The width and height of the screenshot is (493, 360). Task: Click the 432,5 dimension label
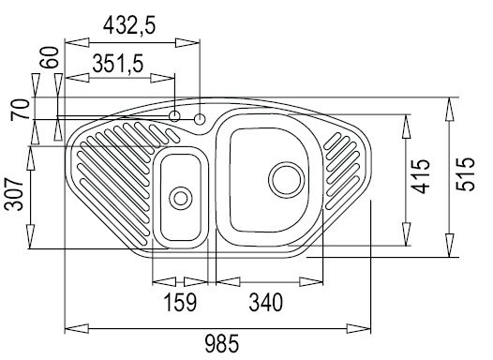point(129,25)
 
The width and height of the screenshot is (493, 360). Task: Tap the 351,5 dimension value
point(118,64)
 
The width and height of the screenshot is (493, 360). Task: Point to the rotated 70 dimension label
point(19,110)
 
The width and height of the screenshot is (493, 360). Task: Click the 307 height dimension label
point(14,194)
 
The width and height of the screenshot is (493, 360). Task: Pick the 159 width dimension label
point(180,302)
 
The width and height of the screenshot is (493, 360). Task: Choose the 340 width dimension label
point(265,302)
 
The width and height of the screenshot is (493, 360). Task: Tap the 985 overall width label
point(221,344)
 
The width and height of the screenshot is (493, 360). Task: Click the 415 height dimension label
point(421,176)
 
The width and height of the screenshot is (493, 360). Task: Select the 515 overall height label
point(465,173)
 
